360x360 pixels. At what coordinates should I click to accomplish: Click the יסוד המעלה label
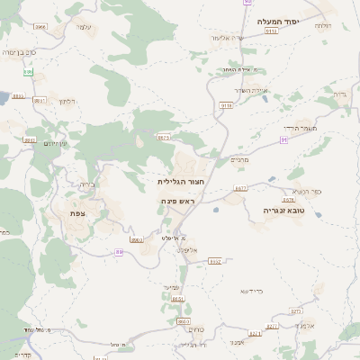277,21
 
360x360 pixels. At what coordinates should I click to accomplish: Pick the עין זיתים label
56,143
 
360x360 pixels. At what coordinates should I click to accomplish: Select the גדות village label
339,93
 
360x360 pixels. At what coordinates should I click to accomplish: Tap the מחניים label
239,160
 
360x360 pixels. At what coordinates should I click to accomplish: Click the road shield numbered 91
283,140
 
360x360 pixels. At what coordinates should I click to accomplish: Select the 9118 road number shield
225,105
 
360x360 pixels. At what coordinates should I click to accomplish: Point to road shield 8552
215,261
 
